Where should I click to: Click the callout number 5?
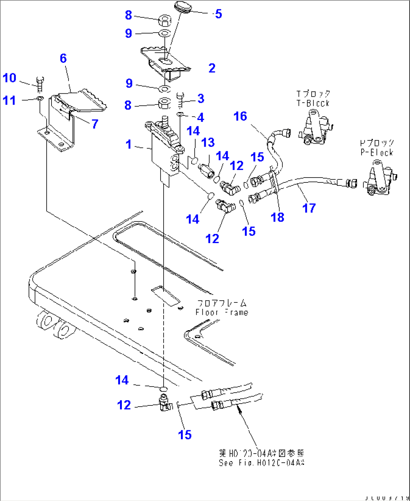click(219, 14)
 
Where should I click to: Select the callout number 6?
click(63, 58)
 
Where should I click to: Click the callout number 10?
click(9, 78)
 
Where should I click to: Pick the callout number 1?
click(129, 144)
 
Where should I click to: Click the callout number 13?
click(208, 143)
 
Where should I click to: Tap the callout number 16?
click(240, 116)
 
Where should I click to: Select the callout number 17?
click(309, 208)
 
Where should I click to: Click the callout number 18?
click(278, 217)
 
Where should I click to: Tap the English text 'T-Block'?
click(313, 103)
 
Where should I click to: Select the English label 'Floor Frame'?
click(222, 312)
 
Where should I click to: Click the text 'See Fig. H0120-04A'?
click(261, 463)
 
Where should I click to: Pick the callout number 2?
click(212, 68)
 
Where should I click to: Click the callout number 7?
click(95, 124)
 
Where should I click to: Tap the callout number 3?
click(201, 99)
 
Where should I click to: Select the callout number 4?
click(200, 117)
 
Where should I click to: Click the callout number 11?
click(9, 100)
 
